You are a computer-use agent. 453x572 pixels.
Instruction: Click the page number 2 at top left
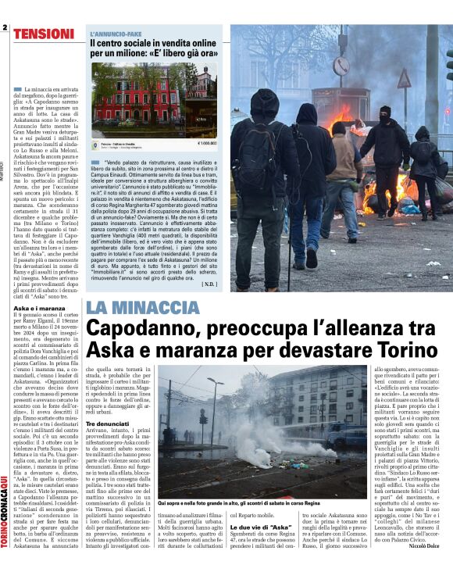tap(5, 28)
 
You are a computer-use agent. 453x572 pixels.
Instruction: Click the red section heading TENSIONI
tap(44, 34)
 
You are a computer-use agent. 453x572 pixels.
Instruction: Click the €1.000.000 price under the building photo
tap(206, 144)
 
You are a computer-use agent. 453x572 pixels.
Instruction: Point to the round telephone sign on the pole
tap(341, 66)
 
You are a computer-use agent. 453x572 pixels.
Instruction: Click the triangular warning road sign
tap(404, 78)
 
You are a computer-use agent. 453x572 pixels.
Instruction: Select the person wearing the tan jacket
tap(341, 160)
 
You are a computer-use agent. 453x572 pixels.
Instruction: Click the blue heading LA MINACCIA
tap(143, 308)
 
